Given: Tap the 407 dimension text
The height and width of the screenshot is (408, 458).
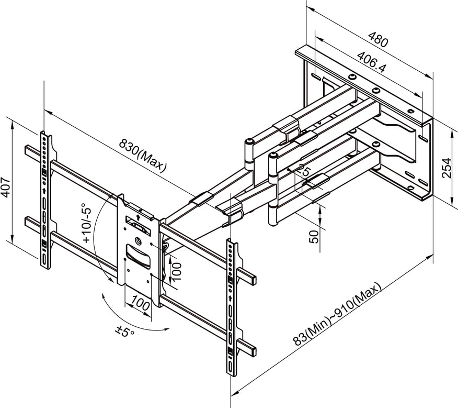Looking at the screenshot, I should point(6,185).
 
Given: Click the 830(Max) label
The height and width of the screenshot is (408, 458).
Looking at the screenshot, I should point(142,155).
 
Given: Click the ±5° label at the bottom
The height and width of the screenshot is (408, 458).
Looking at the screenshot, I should point(125,332).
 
